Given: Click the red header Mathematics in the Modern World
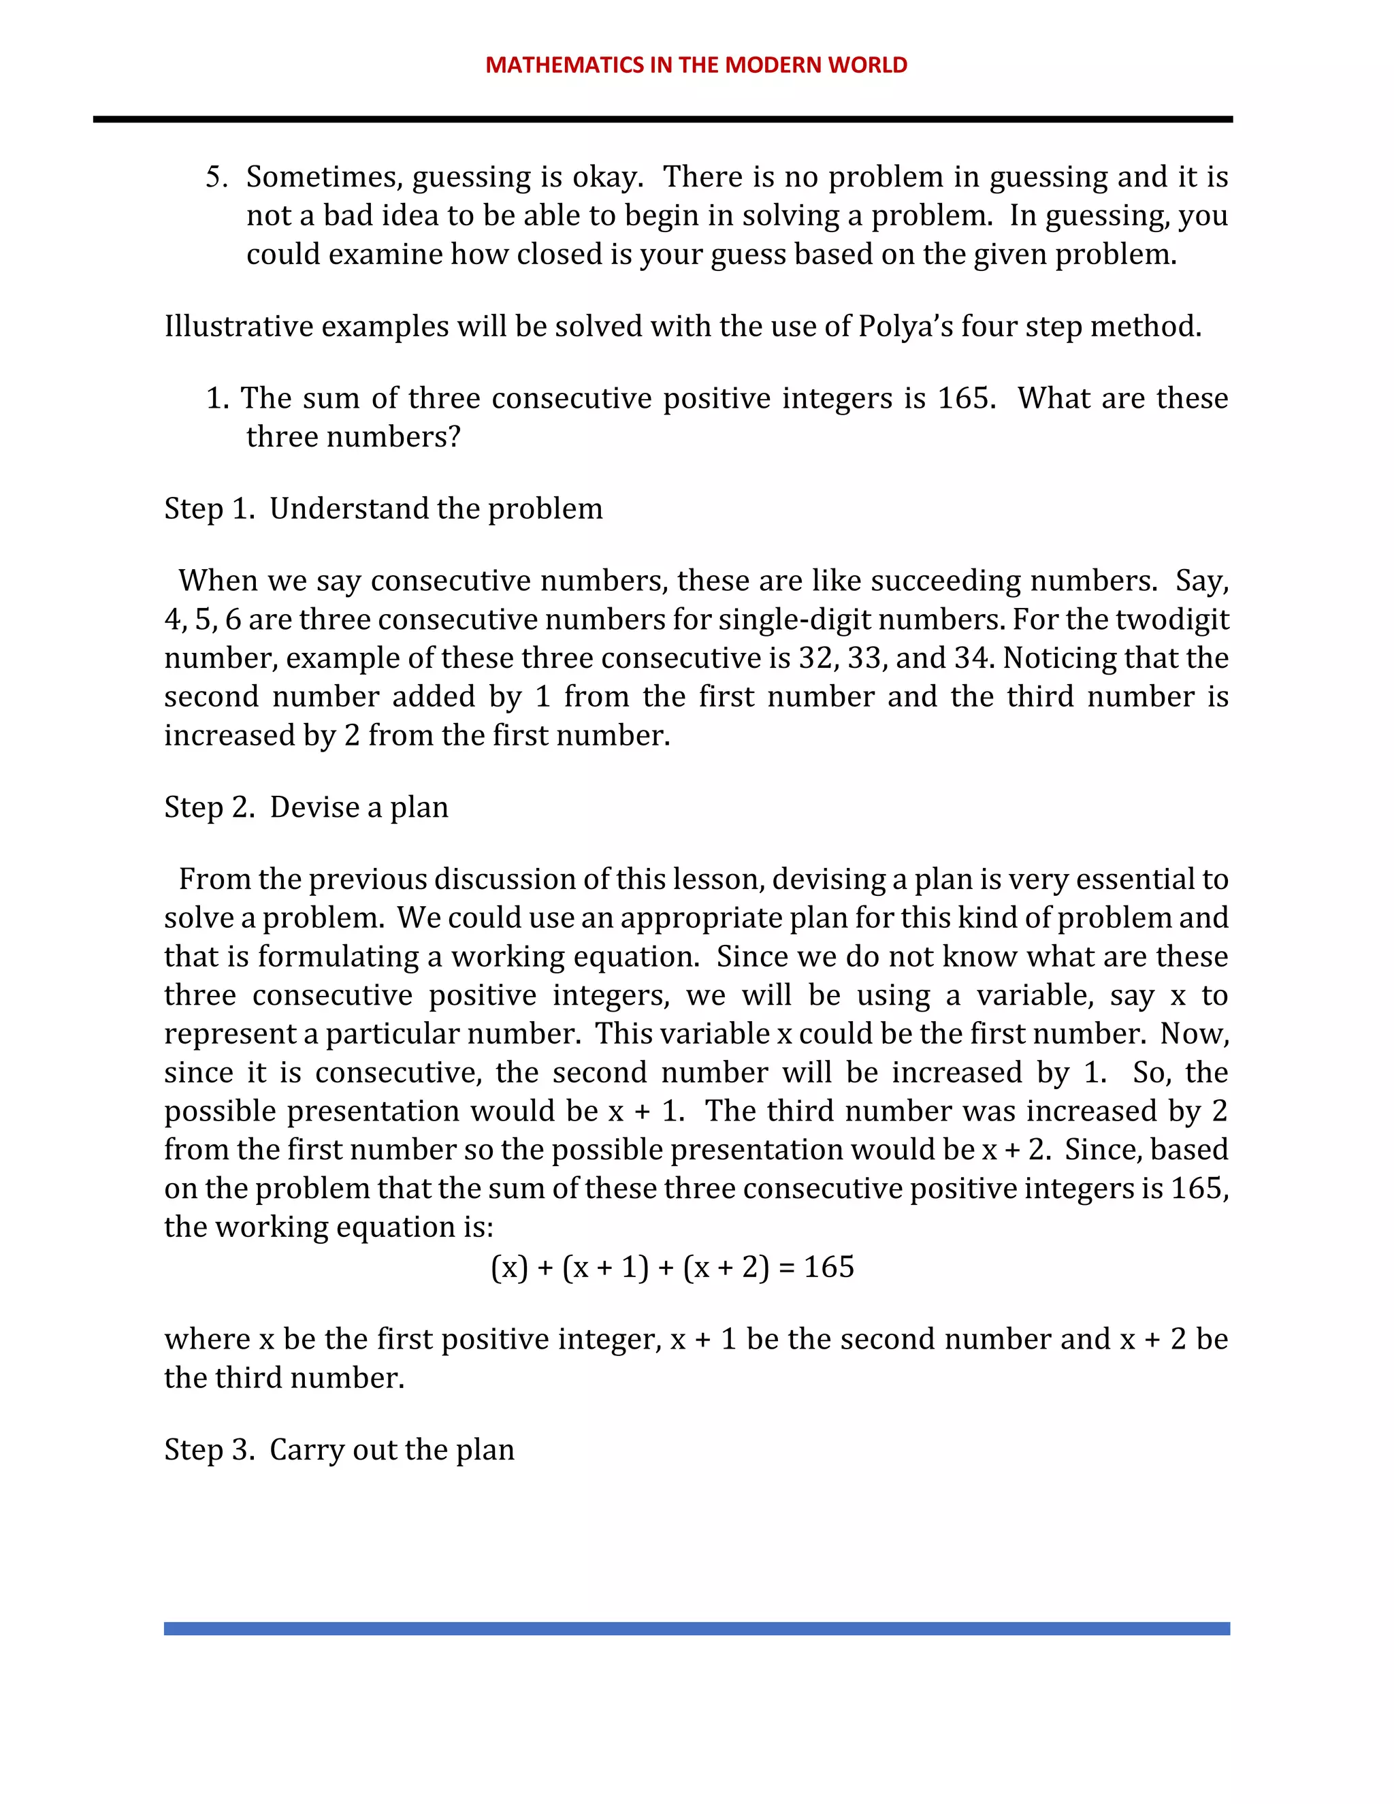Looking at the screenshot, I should point(696,65).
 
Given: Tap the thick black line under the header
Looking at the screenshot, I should point(662,120).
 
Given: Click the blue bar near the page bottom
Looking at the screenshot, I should point(696,1628).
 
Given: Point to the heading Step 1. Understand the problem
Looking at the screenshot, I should point(383,508).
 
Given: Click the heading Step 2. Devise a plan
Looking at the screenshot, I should point(306,807).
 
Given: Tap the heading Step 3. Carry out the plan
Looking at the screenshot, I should point(340,1449).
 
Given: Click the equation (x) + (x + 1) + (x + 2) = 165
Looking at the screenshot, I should point(672,1266).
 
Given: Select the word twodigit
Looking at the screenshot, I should point(1176,619).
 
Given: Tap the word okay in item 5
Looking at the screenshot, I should point(607,177).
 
